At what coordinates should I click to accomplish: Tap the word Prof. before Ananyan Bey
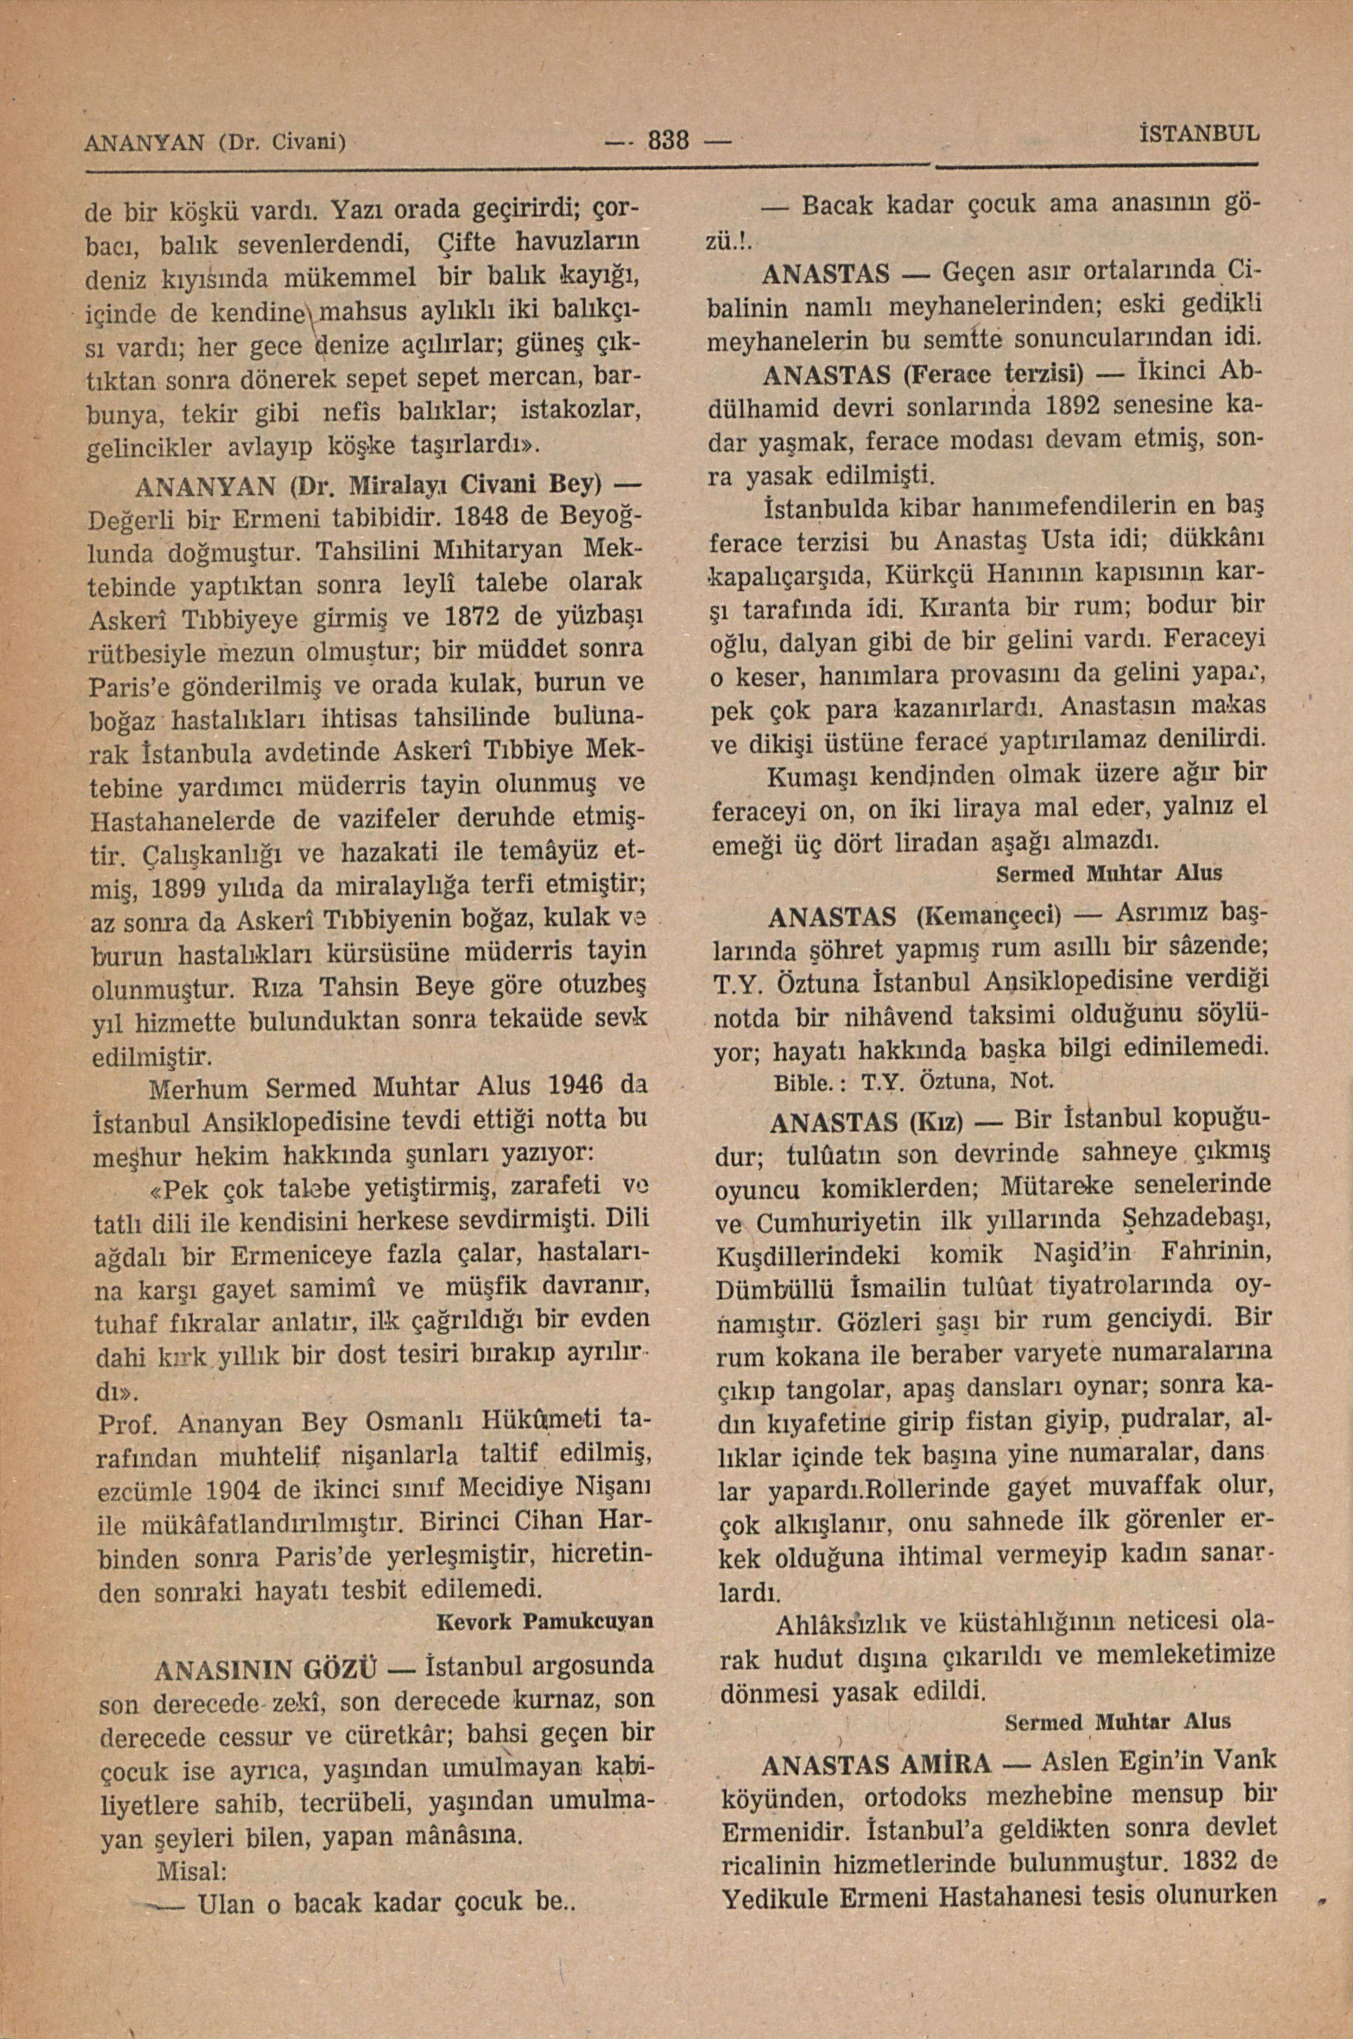tap(128, 1420)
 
